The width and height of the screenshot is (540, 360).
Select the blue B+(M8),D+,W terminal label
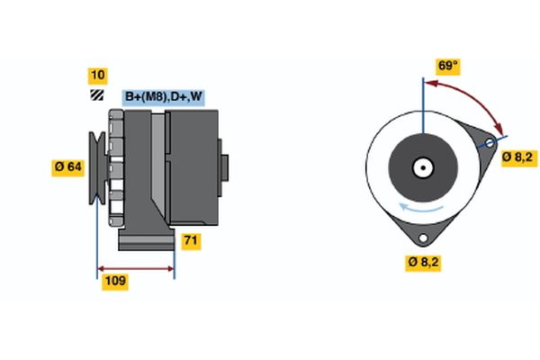[163, 96]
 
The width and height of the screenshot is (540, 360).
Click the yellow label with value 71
[191, 241]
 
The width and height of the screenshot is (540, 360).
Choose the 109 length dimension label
[114, 282]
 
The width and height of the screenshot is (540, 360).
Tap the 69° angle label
[447, 66]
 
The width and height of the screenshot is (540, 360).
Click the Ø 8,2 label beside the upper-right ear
[517, 157]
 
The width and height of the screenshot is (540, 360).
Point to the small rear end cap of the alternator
[224, 166]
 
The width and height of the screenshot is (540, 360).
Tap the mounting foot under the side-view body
[146, 241]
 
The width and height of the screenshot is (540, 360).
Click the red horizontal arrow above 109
[135, 268]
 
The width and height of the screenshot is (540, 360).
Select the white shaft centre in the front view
[421, 167]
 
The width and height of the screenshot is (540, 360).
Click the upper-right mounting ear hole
[490, 143]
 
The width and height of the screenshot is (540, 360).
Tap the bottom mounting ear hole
[421, 237]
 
